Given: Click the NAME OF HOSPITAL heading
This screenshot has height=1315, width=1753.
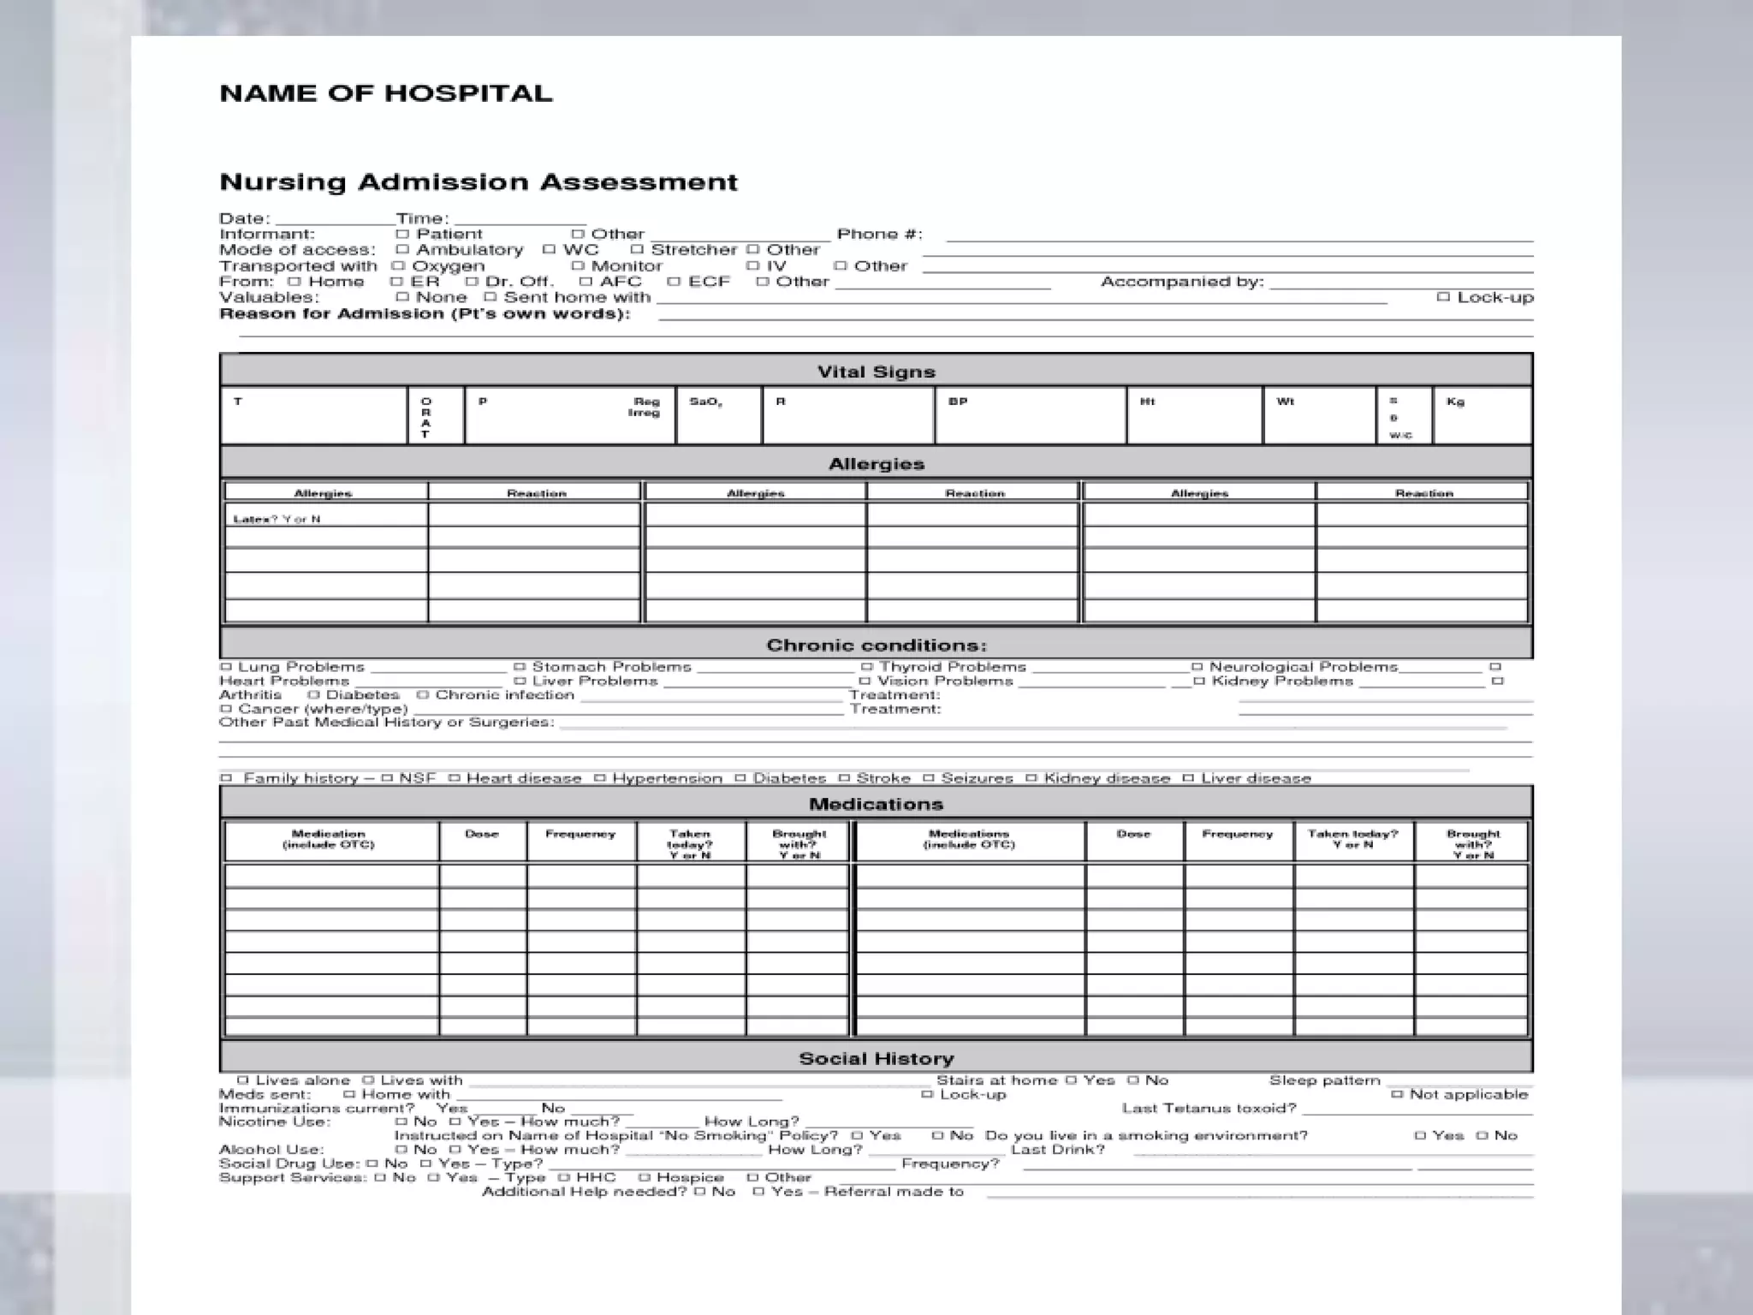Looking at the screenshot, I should coord(385,93).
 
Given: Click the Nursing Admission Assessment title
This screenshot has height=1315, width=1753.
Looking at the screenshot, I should coord(478,182).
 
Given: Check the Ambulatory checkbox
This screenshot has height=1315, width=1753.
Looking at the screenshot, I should coord(402,250).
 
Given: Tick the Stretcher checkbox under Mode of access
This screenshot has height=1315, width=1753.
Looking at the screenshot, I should coord(637,250).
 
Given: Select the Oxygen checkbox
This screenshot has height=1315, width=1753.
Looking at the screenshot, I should coord(398,266).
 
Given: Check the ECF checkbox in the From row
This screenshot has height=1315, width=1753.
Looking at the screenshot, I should coord(674,282).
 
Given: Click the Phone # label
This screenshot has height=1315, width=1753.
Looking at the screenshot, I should coord(879,235).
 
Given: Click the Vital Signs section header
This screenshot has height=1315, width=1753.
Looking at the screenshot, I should coord(876,372).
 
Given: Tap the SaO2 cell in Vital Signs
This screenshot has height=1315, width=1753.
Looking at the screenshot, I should coord(717,415).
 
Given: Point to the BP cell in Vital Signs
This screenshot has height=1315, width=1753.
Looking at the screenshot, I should coord(1030,415).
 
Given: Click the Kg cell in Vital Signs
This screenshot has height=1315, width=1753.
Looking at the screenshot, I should coord(1481,415).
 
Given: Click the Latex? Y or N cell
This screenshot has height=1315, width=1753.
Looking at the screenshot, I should coord(325,519).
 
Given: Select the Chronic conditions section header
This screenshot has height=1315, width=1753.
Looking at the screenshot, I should coord(876,645).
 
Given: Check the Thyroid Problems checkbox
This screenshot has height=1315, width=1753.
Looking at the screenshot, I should coord(866,667).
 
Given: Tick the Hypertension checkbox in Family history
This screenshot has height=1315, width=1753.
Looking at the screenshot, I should coord(600,778).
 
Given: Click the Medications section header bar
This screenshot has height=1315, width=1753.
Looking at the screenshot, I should coord(876,804).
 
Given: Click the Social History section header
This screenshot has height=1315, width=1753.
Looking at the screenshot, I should coord(876,1058).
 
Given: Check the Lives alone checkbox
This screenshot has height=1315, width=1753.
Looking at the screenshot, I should coord(243,1080).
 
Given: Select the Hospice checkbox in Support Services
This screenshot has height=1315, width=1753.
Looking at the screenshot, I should coord(645,1178).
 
